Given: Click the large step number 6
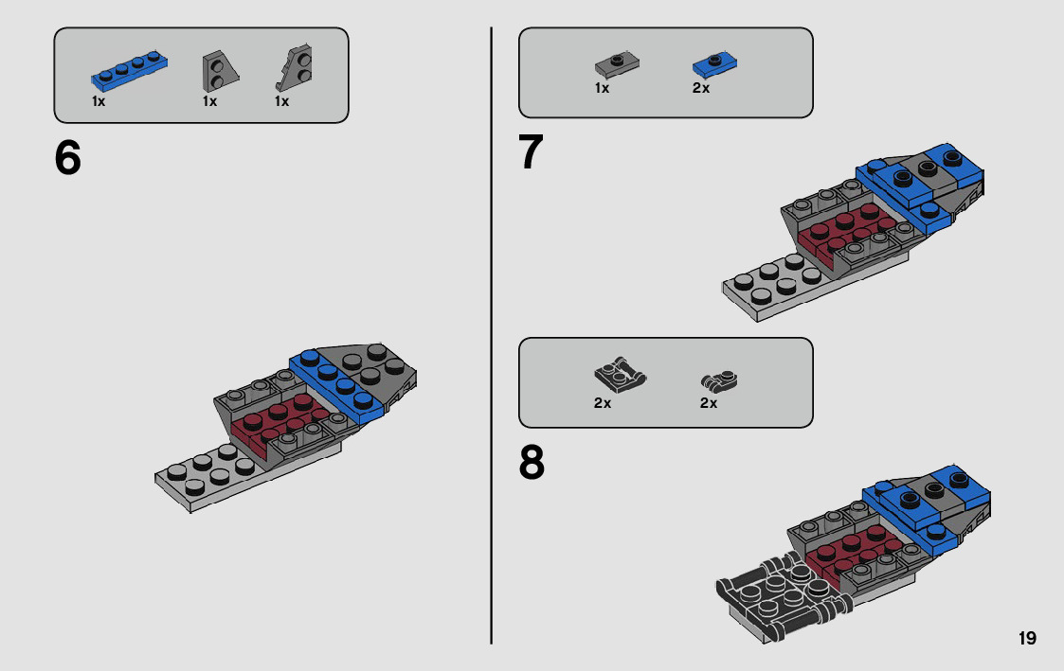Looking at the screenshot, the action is coord(68,158).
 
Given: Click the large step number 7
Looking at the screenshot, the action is coord(532,153).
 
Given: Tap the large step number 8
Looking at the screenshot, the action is coord(532,463).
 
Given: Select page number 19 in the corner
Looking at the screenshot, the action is coord(1027,639).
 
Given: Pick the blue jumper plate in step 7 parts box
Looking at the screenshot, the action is coord(714,64).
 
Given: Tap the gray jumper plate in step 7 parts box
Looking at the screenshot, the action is coord(616,64).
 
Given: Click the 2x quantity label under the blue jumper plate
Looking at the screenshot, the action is coord(701,88).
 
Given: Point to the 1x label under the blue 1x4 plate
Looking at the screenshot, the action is coord(99,101).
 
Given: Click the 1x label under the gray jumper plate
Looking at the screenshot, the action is coord(602,88).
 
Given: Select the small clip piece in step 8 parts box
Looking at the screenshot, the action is coord(719,380).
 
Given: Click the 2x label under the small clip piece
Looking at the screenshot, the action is coord(709,403).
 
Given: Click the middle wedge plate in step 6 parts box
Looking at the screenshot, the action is coord(216,69).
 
